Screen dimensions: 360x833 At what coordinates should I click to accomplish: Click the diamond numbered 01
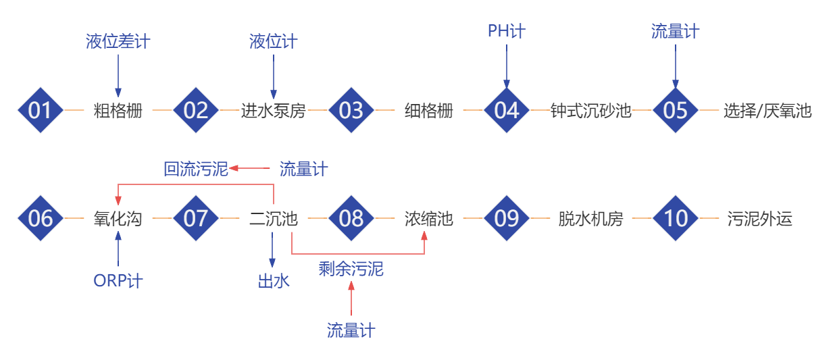[x=40, y=110]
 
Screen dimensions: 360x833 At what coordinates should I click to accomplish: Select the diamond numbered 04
[x=507, y=110]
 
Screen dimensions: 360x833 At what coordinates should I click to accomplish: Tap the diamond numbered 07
[x=196, y=218]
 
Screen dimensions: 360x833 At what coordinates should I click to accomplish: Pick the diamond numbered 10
[x=676, y=218]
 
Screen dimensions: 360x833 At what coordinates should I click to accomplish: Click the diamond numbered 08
[x=351, y=218]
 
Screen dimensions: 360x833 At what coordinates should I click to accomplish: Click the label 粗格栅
[x=118, y=110]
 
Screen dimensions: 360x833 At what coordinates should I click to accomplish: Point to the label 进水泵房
[x=274, y=110]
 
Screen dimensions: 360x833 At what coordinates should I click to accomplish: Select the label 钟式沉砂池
[x=591, y=110]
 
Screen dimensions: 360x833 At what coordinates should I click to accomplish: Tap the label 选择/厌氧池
[x=767, y=110]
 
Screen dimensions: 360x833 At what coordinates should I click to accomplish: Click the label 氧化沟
[x=118, y=218]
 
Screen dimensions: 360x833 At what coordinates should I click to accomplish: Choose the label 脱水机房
[x=591, y=218]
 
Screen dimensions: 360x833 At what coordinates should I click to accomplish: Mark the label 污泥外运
[x=759, y=218]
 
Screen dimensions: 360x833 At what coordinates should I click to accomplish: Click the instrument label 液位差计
[x=118, y=42]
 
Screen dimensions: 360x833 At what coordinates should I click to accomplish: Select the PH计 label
[x=507, y=30]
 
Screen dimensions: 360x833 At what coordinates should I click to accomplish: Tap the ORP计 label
[x=118, y=280]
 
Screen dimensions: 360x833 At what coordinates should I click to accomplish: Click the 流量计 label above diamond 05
[x=675, y=31]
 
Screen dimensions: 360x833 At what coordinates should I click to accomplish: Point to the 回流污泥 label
[x=196, y=169]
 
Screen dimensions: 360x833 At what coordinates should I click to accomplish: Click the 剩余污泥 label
[x=351, y=269]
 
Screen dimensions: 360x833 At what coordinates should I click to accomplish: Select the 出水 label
[x=274, y=281]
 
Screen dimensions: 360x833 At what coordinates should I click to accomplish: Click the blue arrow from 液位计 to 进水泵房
[x=274, y=76]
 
